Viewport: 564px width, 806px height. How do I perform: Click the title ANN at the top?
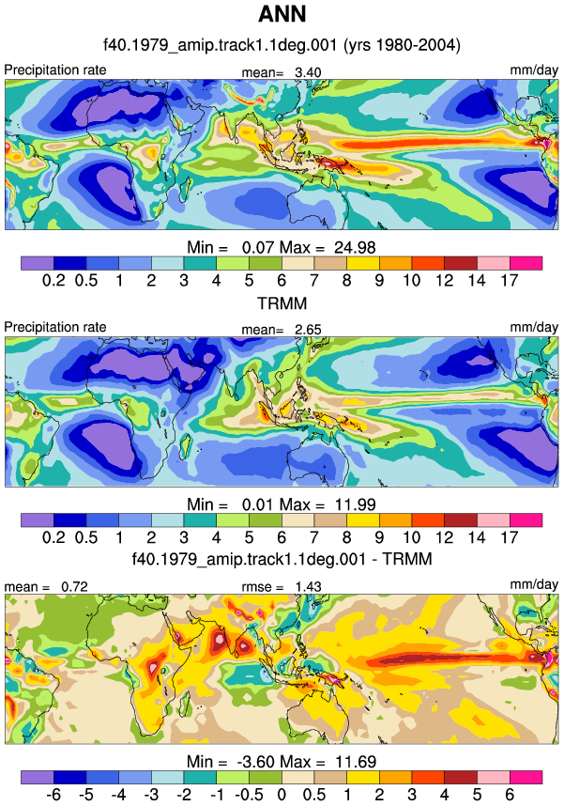click(x=282, y=14)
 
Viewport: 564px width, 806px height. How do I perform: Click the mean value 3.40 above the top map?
click(x=308, y=72)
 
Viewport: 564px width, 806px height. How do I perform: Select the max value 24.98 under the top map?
click(x=355, y=248)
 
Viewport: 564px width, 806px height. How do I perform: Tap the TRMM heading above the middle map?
click(x=282, y=303)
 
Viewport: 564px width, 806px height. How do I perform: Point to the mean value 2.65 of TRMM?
click(x=308, y=330)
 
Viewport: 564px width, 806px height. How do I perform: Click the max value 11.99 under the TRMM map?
click(x=356, y=504)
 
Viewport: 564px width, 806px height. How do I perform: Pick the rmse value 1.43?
click(x=308, y=586)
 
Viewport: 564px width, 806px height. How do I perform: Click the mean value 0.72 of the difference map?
click(x=74, y=586)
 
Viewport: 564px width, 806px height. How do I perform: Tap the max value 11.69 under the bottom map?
click(x=356, y=762)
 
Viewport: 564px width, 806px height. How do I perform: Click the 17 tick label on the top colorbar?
click(x=510, y=281)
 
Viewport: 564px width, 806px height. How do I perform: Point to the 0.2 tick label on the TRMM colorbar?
click(x=53, y=537)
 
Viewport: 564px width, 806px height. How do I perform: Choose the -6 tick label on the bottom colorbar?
click(x=53, y=795)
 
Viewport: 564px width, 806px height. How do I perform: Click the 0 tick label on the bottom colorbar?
click(x=282, y=795)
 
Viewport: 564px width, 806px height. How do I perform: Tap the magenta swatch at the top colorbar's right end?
click(x=526, y=263)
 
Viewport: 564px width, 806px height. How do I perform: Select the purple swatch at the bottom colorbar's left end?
click(x=37, y=777)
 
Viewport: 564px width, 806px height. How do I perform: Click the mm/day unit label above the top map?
click(x=534, y=70)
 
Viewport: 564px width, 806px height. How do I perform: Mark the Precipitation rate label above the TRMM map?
click(x=55, y=327)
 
